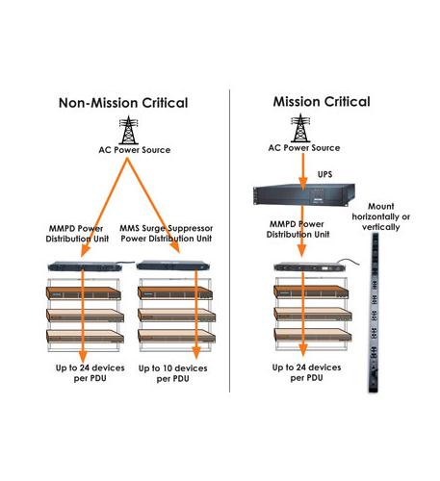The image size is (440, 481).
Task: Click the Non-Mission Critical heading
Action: tap(123, 103)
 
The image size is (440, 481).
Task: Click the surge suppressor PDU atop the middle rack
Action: tap(171, 265)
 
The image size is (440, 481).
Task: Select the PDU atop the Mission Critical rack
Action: tap(306, 266)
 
